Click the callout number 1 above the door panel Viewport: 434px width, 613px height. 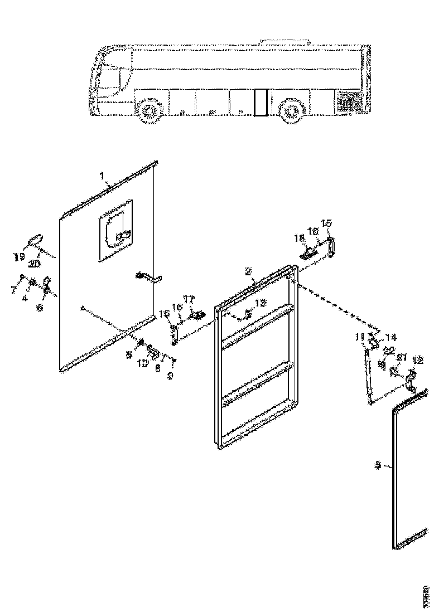click(x=103, y=176)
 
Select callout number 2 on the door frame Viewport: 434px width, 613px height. click(x=248, y=271)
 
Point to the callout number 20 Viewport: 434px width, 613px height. click(x=35, y=263)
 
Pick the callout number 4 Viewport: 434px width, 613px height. click(x=24, y=298)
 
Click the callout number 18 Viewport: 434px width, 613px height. click(x=300, y=238)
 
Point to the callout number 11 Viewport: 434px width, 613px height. click(x=359, y=337)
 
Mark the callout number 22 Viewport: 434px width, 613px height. click(x=389, y=350)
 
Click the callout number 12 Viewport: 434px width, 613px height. click(x=417, y=360)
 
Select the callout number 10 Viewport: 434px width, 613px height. click(x=143, y=363)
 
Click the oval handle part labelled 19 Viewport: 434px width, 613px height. click(x=35, y=240)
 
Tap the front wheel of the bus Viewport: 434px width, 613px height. click(x=149, y=112)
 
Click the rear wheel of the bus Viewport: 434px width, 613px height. click(x=290, y=111)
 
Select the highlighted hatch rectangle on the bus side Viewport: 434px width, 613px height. click(x=260, y=102)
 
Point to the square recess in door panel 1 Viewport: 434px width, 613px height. click(x=116, y=230)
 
